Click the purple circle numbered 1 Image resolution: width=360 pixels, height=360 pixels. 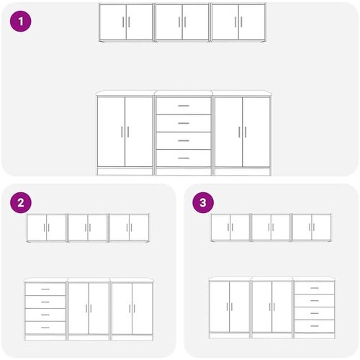pos(21,22)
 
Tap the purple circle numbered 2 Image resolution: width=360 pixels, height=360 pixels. pos(21,202)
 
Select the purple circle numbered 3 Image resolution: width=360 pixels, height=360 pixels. pos(203,202)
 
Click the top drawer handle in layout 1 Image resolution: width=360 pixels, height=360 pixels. pos(184,106)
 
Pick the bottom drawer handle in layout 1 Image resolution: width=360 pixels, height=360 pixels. pos(184,158)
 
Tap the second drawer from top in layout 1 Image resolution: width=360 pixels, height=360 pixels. pos(184,123)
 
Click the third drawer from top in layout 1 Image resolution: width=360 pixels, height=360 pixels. pos(184,140)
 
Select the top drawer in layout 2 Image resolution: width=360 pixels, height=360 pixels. pos(45,289)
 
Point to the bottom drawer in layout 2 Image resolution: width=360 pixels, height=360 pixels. pos(45,328)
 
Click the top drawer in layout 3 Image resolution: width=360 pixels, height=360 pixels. pos(315,288)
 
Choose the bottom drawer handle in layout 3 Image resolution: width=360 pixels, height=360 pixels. pos(315,326)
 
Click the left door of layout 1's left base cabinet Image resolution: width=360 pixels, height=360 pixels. pos(111,132)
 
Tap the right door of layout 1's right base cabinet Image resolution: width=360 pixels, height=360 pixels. pos(256,132)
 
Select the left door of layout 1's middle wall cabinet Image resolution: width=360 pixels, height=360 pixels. pos(169,22)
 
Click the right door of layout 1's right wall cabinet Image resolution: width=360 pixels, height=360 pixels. pos(252,22)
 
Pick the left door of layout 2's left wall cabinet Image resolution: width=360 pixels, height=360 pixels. pos(37,228)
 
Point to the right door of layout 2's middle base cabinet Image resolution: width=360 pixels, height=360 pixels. pos(99,308)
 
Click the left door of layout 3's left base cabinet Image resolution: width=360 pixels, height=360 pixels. pos(220,307)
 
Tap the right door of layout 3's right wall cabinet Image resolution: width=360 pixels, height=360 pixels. pos(321,227)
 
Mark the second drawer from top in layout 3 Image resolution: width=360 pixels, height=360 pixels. pos(315,301)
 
